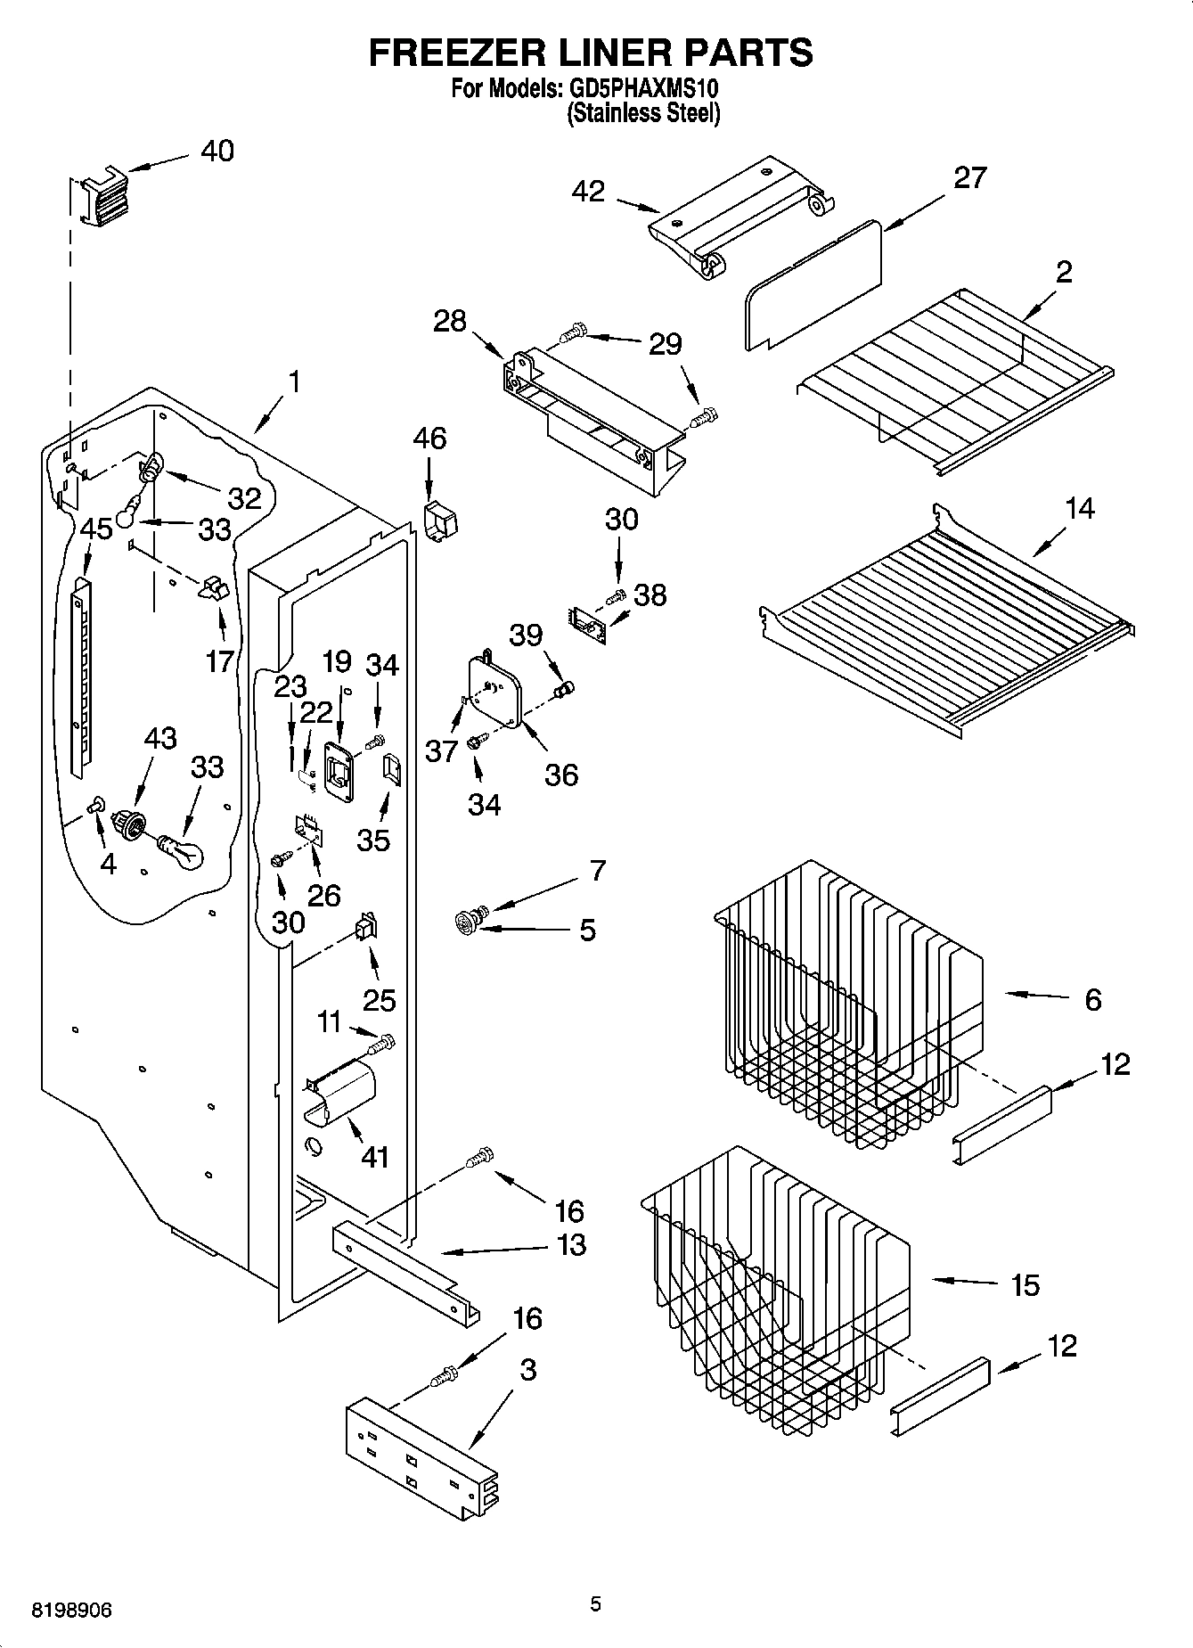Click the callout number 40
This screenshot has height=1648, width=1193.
coord(217,151)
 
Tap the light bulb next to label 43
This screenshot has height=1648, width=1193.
coord(183,852)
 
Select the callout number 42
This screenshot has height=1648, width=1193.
coord(588,191)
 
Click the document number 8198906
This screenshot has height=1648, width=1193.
coord(71,1611)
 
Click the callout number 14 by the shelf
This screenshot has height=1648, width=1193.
coord(1079,508)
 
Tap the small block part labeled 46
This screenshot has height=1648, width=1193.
coord(437,521)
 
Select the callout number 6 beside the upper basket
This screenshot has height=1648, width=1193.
coord(1092,999)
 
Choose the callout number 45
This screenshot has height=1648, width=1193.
coord(96,529)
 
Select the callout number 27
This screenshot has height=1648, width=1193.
coord(970,177)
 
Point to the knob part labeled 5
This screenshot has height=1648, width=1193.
coord(466,922)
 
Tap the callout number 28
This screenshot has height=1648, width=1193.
coord(450,321)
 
